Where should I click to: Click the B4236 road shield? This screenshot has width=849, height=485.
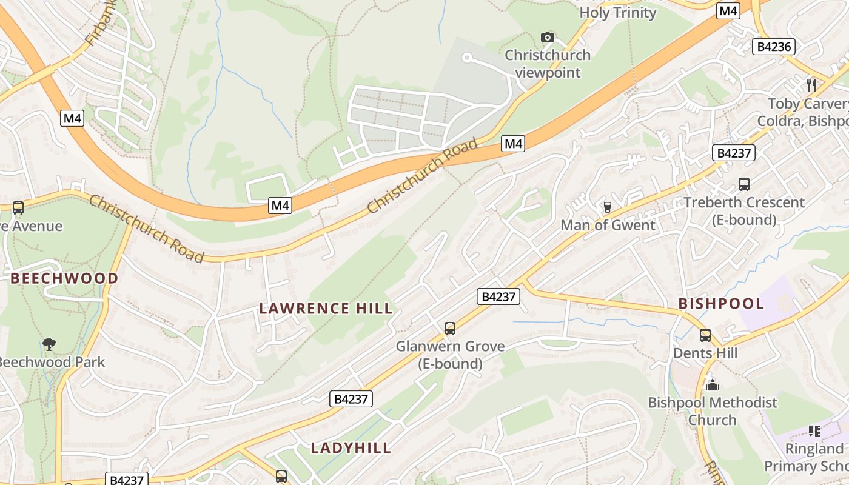(x=773, y=47)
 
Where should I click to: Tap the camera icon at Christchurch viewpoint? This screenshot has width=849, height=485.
(x=548, y=38)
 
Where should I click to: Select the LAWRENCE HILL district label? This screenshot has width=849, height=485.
(x=326, y=309)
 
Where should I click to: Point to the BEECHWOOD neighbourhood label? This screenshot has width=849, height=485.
(x=64, y=279)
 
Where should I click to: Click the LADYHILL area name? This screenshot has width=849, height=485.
(x=351, y=448)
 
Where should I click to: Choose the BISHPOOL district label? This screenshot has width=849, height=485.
(x=721, y=304)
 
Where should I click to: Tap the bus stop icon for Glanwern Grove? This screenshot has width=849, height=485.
(x=449, y=329)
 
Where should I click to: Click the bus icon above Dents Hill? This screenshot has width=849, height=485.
(x=705, y=335)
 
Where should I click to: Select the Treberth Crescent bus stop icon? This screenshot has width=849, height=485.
(x=743, y=184)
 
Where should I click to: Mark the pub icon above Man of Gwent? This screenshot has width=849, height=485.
(x=607, y=207)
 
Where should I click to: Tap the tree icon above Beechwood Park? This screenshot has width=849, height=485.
(x=49, y=344)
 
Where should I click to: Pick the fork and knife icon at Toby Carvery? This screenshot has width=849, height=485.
(x=811, y=85)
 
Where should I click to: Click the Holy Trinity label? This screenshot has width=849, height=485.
(x=617, y=13)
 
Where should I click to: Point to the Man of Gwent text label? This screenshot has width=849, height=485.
(x=608, y=226)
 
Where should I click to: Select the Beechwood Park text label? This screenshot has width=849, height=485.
(x=52, y=363)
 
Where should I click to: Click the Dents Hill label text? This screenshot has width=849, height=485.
(x=705, y=353)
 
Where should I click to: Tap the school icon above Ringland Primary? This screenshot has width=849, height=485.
(x=814, y=431)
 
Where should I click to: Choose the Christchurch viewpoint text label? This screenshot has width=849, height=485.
(x=548, y=64)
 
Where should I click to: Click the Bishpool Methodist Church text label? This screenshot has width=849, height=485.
(x=712, y=411)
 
